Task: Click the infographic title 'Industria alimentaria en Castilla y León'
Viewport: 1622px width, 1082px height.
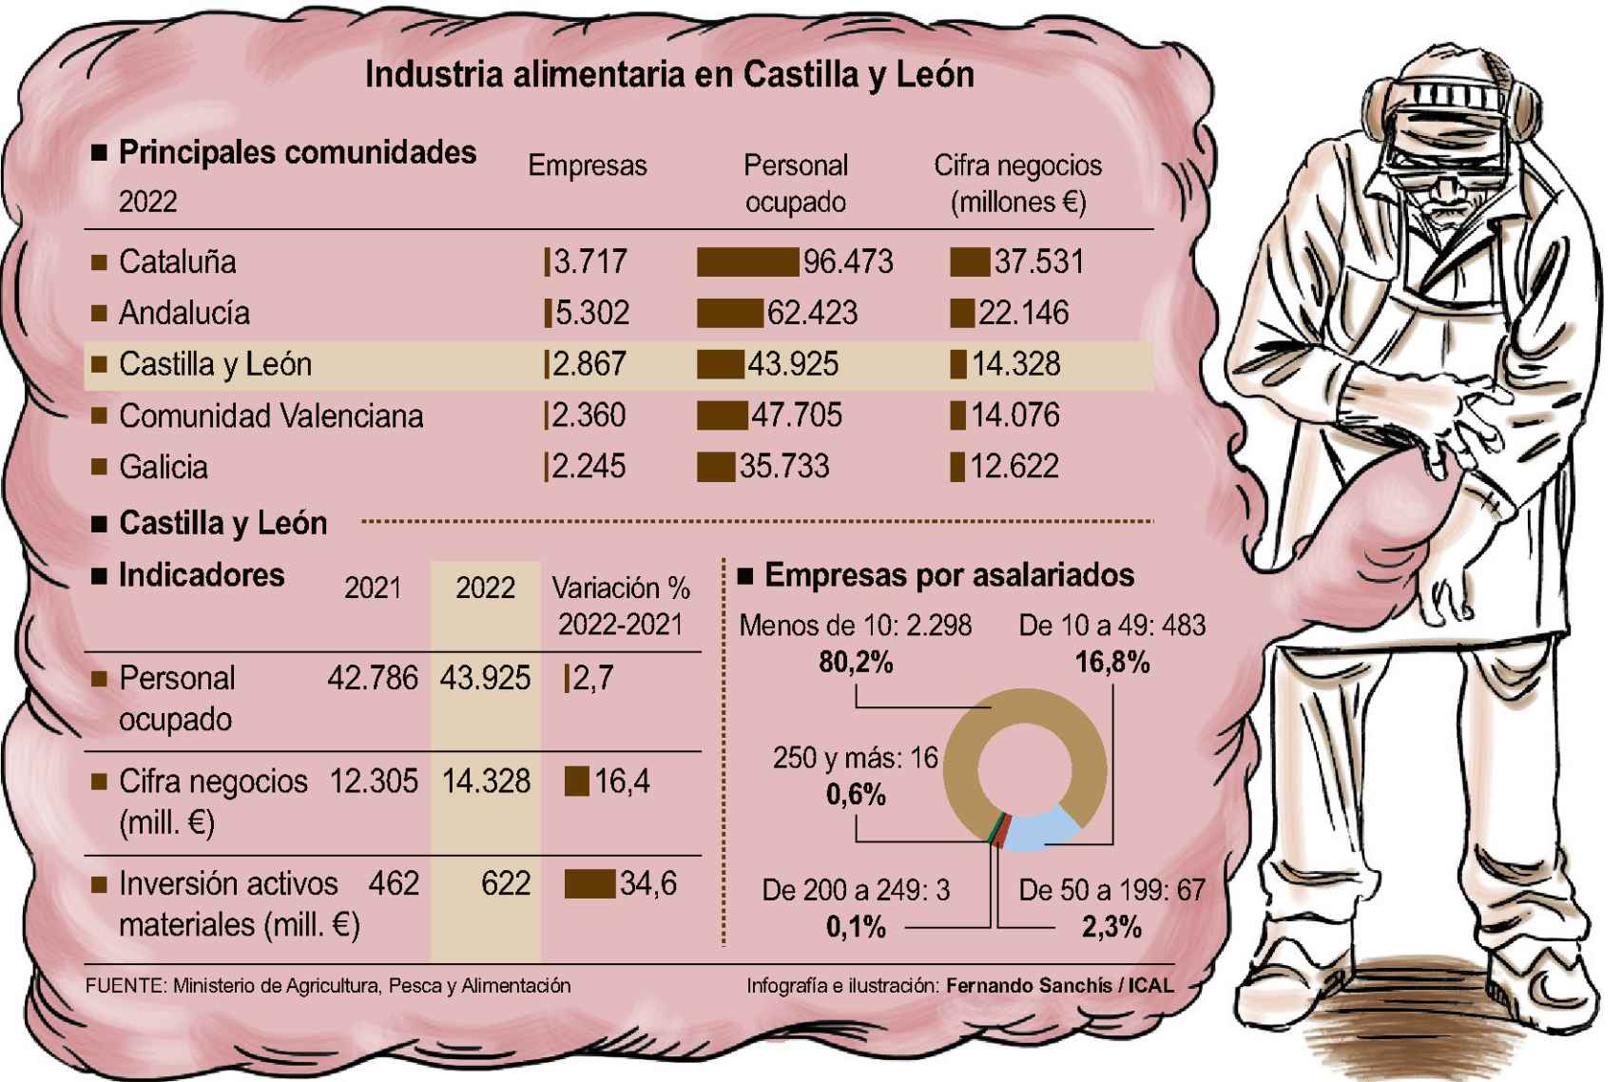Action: (669, 74)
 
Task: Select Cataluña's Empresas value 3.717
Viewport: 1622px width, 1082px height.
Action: (589, 261)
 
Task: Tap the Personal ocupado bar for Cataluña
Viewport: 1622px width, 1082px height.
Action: (747, 261)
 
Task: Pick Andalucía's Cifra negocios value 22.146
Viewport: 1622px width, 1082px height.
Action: (1023, 313)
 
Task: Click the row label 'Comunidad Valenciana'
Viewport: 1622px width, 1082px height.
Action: (271, 415)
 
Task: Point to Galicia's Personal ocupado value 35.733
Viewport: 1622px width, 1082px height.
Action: (784, 467)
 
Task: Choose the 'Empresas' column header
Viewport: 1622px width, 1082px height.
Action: (588, 165)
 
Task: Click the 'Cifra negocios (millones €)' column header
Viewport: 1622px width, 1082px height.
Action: (1017, 184)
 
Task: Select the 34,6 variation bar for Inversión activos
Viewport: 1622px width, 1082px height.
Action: (589, 884)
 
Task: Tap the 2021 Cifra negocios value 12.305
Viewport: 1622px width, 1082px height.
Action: (374, 782)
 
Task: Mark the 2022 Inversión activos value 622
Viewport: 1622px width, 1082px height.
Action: (505, 884)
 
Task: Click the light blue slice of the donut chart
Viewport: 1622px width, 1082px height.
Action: (1041, 829)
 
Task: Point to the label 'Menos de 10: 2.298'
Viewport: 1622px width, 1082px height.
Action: (855, 626)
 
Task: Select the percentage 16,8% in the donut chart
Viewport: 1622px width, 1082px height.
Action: (1111, 662)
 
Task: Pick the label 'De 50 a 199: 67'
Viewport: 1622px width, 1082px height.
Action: (1111, 891)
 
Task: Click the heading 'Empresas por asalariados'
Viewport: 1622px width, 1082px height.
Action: (949, 575)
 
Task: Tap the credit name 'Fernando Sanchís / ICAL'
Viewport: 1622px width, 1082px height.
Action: (1059, 986)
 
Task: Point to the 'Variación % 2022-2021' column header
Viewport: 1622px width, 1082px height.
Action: (621, 606)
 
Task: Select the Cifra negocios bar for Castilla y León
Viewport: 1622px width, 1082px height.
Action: (958, 364)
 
